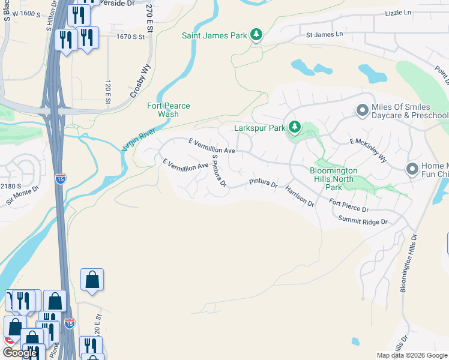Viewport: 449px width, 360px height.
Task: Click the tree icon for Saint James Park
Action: point(256,35)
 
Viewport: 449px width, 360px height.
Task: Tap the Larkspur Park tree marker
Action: point(294,127)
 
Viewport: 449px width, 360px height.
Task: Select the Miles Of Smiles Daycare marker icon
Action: point(362,110)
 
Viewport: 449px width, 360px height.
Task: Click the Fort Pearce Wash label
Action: point(169,110)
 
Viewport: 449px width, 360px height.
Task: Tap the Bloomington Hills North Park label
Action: point(334,179)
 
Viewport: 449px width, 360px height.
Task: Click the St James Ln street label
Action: point(325,35)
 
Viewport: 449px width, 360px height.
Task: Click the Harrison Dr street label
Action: point(300,196)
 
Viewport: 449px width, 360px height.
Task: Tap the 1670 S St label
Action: point(131,37)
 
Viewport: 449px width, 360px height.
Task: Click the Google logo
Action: point(20,352)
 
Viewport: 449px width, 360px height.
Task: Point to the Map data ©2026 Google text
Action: point(411,355)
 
